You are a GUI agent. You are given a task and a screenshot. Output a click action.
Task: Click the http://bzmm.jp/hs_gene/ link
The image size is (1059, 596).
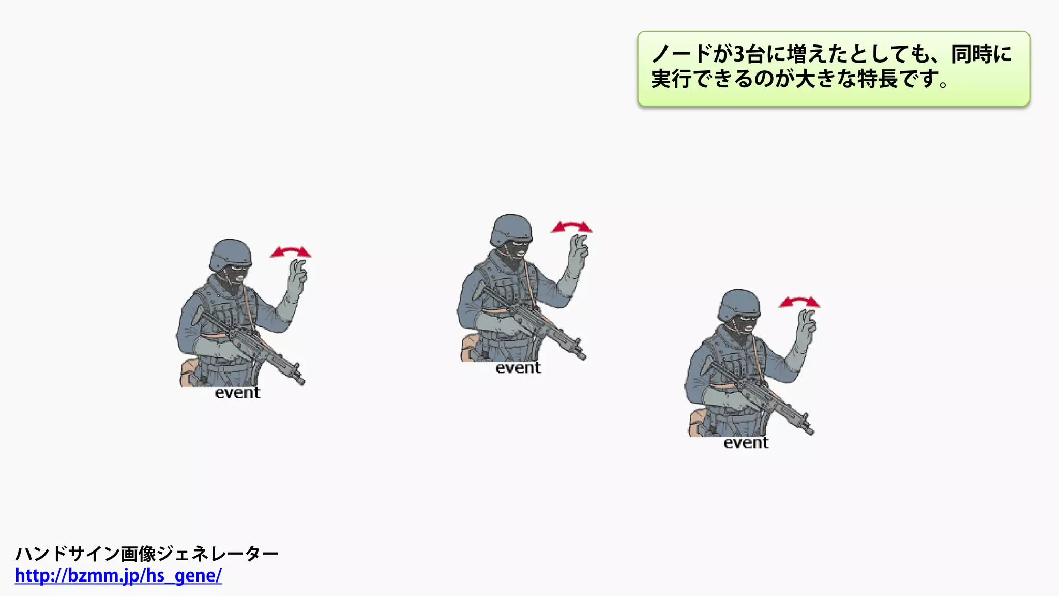pos(118,575)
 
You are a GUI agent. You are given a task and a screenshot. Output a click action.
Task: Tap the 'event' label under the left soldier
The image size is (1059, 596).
pos(237,393)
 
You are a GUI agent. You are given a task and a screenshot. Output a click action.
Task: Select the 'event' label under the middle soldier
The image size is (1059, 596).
pos(518,368)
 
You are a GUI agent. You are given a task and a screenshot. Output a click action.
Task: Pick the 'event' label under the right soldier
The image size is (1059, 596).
pos(746,443)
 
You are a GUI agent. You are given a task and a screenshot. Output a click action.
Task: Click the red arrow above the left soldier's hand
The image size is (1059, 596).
pos(291,252)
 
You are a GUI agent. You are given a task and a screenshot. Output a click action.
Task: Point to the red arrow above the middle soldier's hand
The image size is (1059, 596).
pos(571,227)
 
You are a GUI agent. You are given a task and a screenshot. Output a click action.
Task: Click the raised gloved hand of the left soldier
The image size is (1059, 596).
pos(297,274)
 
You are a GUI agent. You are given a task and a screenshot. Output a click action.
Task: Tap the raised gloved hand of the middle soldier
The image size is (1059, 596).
pos(578,249)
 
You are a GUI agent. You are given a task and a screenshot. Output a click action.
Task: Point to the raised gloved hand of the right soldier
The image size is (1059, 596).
pos(806,324)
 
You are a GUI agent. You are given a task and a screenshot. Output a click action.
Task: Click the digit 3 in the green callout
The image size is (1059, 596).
pos(739,54)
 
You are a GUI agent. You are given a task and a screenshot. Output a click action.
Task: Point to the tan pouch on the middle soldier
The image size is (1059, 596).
pos(470,347)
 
